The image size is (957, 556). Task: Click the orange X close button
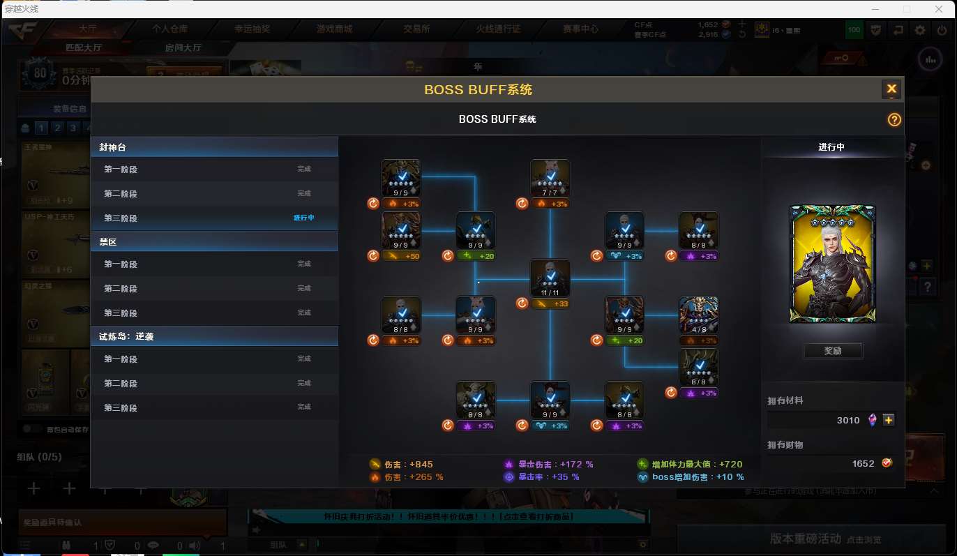891,89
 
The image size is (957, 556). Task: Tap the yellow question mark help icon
894,119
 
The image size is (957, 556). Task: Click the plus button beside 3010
888,420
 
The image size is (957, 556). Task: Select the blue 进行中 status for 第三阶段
304,218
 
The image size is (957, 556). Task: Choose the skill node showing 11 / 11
550,278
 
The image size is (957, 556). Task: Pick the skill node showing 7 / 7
550,179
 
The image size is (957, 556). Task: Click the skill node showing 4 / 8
699,315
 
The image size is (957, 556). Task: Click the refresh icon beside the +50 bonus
373,256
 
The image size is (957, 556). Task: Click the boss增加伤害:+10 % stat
691,477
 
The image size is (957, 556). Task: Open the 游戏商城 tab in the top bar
334,29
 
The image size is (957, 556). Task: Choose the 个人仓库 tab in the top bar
170,29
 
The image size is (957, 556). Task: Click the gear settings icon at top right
921,30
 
